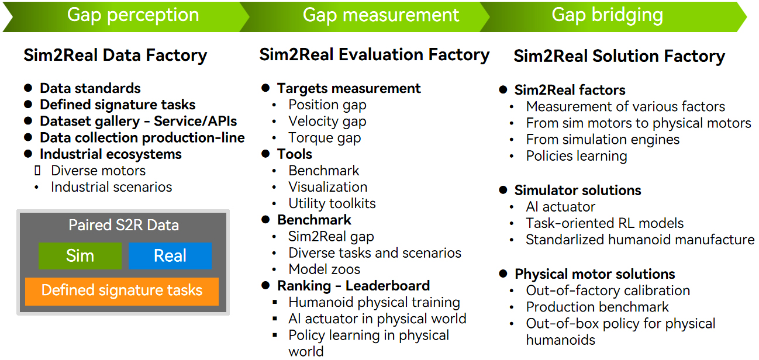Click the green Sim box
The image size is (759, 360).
pos(80,256)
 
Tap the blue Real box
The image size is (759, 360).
pos(170,256)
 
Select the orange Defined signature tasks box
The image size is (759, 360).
pos(122,291)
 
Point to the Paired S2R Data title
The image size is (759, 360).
pos(124,225)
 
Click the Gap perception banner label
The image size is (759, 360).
pos(133,15)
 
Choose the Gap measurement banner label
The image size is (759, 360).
pos(381,15)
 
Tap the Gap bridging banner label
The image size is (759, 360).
pos(607,15)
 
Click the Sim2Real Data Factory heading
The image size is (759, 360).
pos(115,55)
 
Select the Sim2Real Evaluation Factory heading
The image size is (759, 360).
pos(374,54)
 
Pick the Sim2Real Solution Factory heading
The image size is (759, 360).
pos(619,56)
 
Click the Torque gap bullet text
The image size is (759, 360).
pos(325,138)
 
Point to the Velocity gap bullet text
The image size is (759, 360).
pos(327,122)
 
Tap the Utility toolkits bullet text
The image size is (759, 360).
pos(332,203)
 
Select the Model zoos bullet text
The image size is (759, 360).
pos(325,269)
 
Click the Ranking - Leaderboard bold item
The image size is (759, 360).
pos(353,286)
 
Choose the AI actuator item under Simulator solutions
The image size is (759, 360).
pos(560,207)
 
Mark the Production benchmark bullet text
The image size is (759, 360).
pos(598,307)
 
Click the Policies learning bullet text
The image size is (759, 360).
pos(577,157)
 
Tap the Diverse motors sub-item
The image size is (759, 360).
pos(98,171)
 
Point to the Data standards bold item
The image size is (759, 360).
pos(90,88)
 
